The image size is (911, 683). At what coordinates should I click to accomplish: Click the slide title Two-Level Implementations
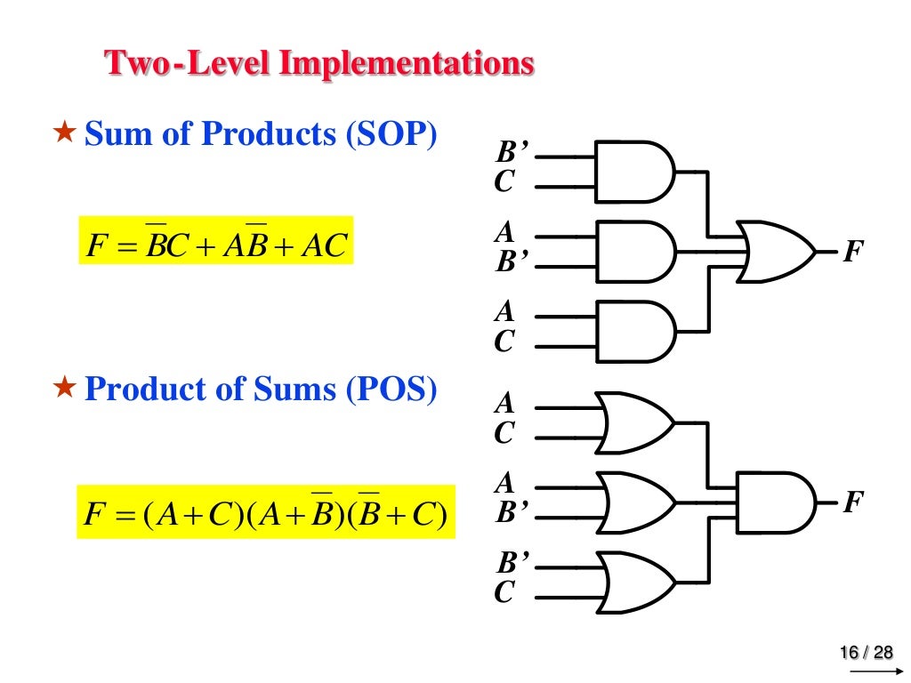tap(319, 64)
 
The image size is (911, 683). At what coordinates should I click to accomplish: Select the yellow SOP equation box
tap(216, 240)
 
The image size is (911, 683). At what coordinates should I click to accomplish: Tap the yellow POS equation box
tap(266, 511)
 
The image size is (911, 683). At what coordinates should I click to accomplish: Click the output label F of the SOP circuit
tap(852, 252)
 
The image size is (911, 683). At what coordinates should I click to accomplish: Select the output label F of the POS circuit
tap(852, 503)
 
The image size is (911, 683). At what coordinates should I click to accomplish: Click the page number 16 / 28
tap(867, 654)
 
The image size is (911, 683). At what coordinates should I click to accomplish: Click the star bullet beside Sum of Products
tap(64, 134)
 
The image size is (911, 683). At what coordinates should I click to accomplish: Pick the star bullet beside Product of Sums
tap(64, 390)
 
